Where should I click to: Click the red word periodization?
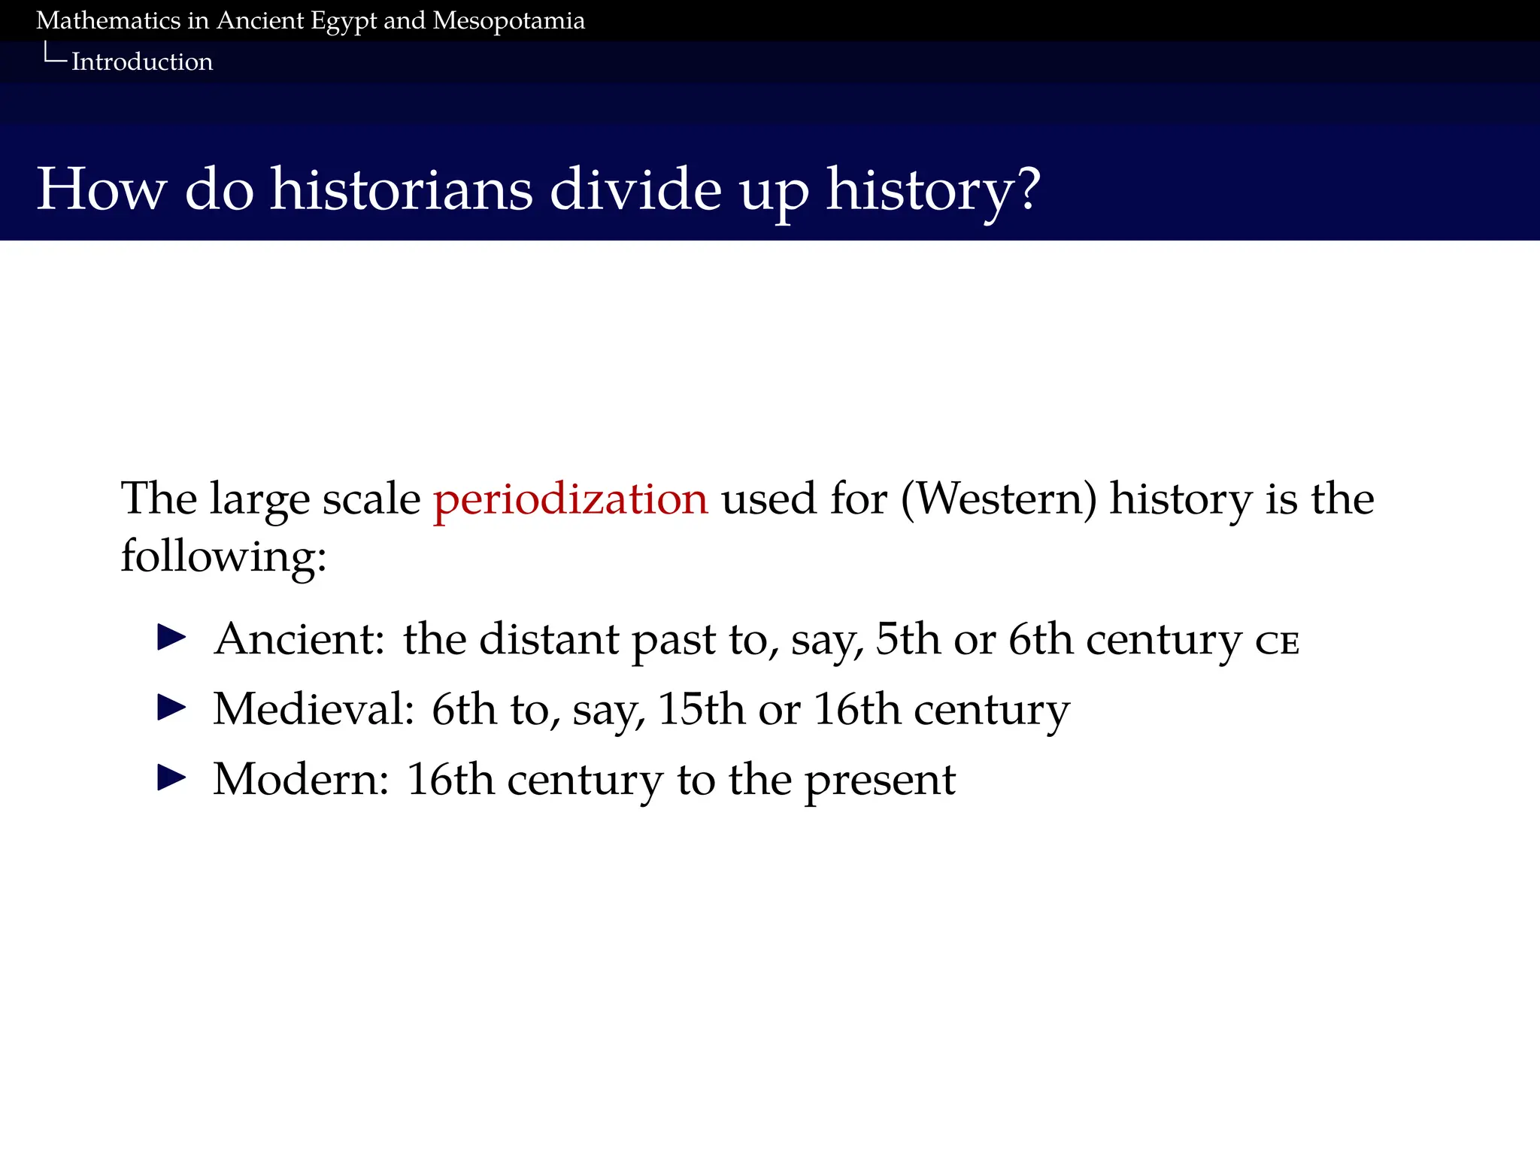click(571, 499)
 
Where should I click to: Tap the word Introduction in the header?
click(142, 62)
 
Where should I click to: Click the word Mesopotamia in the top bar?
click(508, 20)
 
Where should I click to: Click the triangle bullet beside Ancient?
click(171, 638)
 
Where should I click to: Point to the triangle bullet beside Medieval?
click(171, 708)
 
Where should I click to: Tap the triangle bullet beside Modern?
click(171, 778)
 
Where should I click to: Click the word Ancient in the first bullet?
click(299, 639)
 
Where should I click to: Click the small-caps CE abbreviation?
click(1277, 644)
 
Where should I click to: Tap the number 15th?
click(702, 709)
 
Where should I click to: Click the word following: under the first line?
click(223, 557)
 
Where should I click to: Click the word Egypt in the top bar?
click(343, 21)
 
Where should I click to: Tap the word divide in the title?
click(635, 189)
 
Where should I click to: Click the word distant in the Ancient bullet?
click(548, 639)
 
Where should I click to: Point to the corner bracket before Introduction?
click(54, 54)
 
